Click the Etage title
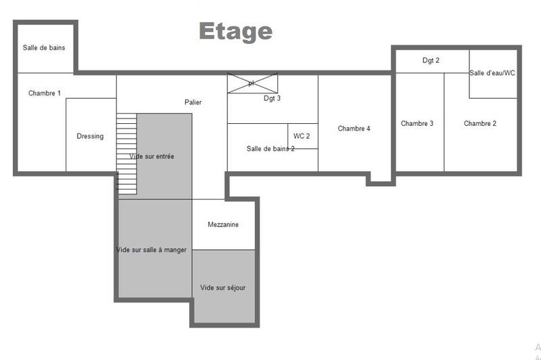pos(235,31)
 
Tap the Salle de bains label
pos(43,47)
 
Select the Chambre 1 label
pos(45,93)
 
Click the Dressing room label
pos(90,136)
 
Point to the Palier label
pos(193,102)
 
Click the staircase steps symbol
pos(126,153)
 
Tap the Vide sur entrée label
pos(151,156)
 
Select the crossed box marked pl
pos(252,83)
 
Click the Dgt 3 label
pos(272,98)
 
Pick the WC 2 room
pos(302,136)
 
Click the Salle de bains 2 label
pos(270,149)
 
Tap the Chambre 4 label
pos(354,129)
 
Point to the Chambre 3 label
pos(417,123)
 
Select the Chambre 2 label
pos(480,123)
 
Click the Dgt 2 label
pos(431,60)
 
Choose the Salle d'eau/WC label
pos(492,73)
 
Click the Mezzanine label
pos(223,225)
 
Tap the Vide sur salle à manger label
pos(151,250)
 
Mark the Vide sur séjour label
pos(222,288)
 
